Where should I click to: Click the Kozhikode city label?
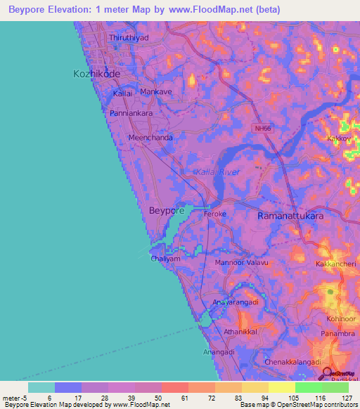97,73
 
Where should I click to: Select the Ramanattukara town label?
291,216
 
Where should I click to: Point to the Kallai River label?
217,171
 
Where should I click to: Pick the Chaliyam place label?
167,259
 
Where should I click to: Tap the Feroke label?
214,212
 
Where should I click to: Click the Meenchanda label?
150,138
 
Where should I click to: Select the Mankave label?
156,91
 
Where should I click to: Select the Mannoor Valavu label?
241,263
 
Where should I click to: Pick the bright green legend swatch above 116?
308,387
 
